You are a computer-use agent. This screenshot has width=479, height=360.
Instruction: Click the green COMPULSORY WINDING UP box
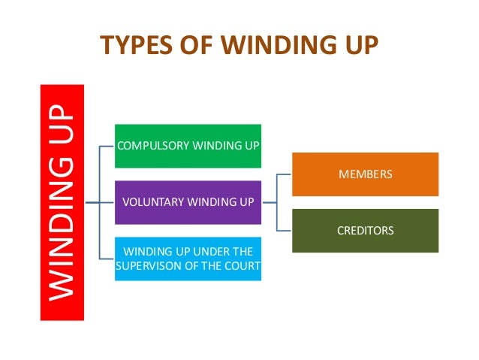[188, 146]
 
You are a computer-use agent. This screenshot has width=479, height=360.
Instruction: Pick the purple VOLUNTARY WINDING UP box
[188, 202]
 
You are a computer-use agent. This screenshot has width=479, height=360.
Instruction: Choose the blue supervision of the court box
[188, 259]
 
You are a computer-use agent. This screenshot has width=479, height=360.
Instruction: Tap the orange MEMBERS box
[365, 174]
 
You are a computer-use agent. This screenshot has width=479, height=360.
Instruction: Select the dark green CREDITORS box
[365, 231]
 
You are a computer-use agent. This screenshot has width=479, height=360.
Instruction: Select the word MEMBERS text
[365, 174]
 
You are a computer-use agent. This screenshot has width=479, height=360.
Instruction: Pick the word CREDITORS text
[365, 231]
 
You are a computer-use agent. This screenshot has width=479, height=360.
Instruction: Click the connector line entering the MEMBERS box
[284, 174]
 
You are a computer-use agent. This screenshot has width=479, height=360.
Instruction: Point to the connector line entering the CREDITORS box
[284, 230]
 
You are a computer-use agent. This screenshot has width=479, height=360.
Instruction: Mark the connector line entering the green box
[107, 146]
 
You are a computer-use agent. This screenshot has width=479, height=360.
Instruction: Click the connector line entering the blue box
[107, 259]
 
